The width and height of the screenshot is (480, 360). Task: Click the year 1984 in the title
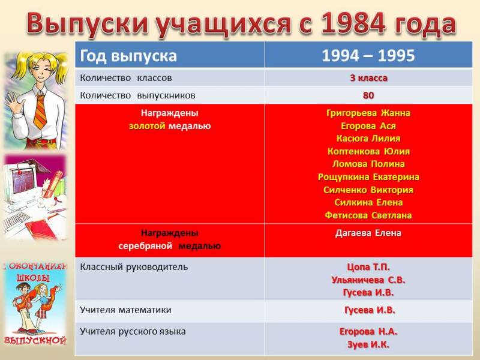pos(353,23)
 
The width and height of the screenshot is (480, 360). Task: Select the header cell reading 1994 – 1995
pos(368,56)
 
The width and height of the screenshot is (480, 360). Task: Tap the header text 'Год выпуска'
pos(128,56)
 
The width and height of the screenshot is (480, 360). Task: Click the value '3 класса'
pos(368,78)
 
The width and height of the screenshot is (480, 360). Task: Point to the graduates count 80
pos(368,95)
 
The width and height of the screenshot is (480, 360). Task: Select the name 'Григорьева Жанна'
pos(368,113)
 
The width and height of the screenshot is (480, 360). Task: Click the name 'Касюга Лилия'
pos(368,139)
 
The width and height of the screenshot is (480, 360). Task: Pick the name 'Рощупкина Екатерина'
pos(368,177)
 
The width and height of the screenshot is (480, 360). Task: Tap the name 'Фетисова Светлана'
pos(368,215)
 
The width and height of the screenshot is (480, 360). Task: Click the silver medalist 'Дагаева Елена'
pos(368,233)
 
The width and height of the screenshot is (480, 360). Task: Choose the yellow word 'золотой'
pos(147,126)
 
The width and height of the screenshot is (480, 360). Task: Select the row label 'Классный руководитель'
pos(134,267)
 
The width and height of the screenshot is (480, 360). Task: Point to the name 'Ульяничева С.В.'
pos(368,280)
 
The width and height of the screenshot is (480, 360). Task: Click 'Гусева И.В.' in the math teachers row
pos(370,310)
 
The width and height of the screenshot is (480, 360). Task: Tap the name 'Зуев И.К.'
pos(368,345)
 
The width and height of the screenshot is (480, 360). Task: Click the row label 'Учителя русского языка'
pos(133,332)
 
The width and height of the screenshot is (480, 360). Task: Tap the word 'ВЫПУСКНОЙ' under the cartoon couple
pos(35,340)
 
